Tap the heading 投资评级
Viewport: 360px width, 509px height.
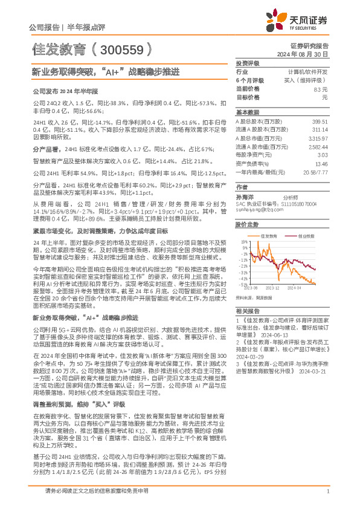248,63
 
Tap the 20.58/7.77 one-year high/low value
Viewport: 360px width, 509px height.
314,172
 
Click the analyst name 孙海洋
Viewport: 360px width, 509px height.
245,197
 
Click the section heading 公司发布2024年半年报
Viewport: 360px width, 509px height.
64,91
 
